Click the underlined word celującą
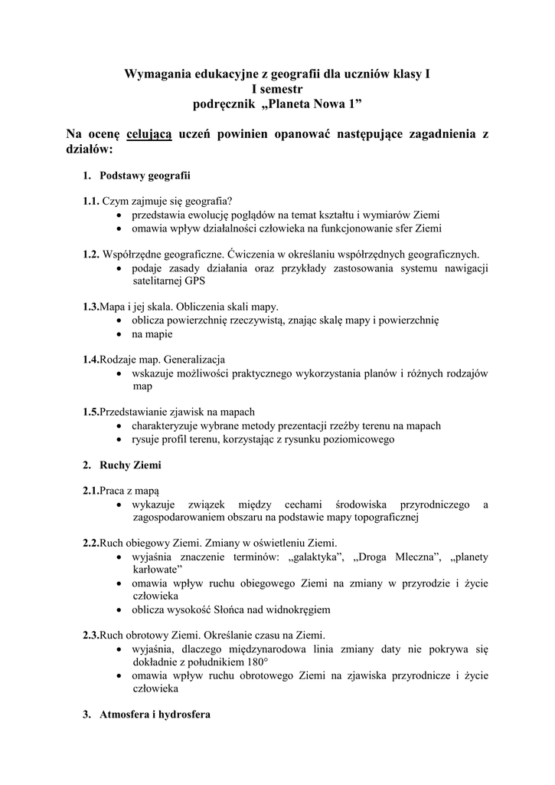149,135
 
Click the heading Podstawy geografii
143,176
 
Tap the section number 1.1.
91,201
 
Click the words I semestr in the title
277,88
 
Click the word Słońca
243,609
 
